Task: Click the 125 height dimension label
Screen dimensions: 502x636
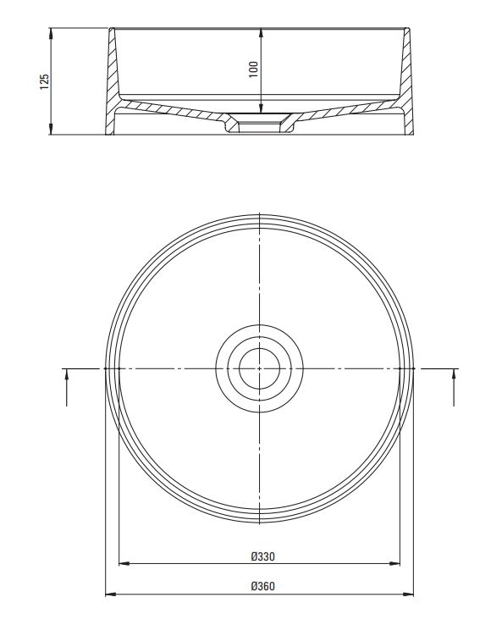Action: pyautogui.click(x=44, y=81)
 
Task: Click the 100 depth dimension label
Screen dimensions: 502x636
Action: pyautogui.click(x=253, y=69)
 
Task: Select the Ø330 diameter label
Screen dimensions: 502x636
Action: pyautogui.click(x=262, y=556)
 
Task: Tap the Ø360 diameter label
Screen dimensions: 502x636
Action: pyautogui.click(x=262, y=586)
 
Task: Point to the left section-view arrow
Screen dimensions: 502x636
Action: pyautogui.click(x=67, y=388)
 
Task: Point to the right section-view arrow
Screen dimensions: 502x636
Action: pyautogui.click(x=454, y=388)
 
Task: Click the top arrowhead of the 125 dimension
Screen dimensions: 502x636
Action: pyautogui.click(x=51, y=33)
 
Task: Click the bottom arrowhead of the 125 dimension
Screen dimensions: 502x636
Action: pyautogui.click(x=51, y=129)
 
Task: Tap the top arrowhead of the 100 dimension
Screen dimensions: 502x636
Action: pyautogui.click(x=261, y=33)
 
